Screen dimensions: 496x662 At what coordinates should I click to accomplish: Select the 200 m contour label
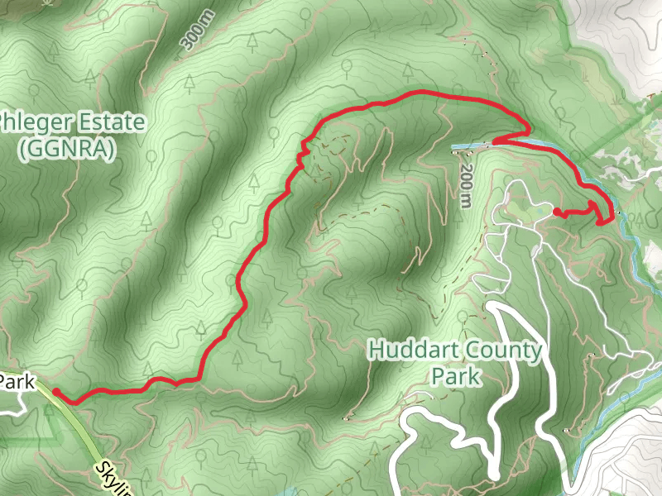point(466,184)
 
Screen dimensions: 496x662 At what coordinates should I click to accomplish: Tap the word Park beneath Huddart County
point(456,377)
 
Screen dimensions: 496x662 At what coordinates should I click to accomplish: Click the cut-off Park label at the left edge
point(17,382)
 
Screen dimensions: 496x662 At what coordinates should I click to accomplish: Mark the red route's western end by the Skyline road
point(55,390)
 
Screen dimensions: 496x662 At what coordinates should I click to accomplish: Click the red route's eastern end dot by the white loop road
point(555,212)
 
